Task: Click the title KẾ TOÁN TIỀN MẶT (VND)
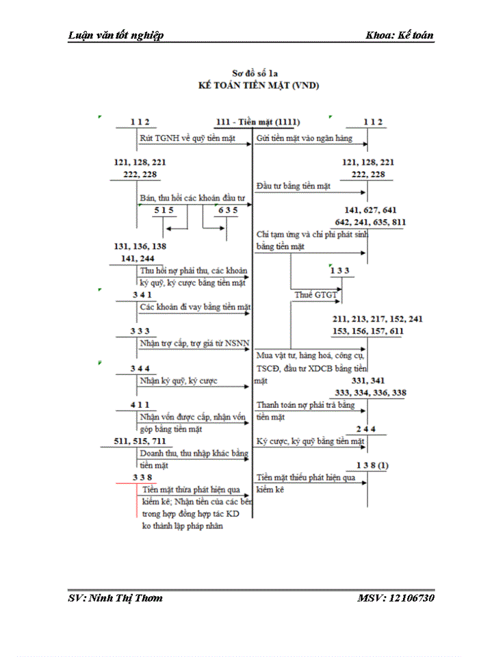[259, 86]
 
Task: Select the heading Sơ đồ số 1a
[258, 73]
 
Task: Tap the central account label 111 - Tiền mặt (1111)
[257, 122]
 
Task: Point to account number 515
[164, 211]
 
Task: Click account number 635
[227, 211]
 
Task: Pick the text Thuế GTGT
[313, 294]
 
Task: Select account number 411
[140, 406]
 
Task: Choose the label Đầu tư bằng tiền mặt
[293, 185]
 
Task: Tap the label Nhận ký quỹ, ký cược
[179, 381]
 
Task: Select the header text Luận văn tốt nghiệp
[116, 36]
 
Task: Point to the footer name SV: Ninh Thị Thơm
[116, 598]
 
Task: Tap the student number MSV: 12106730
[395, 598]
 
